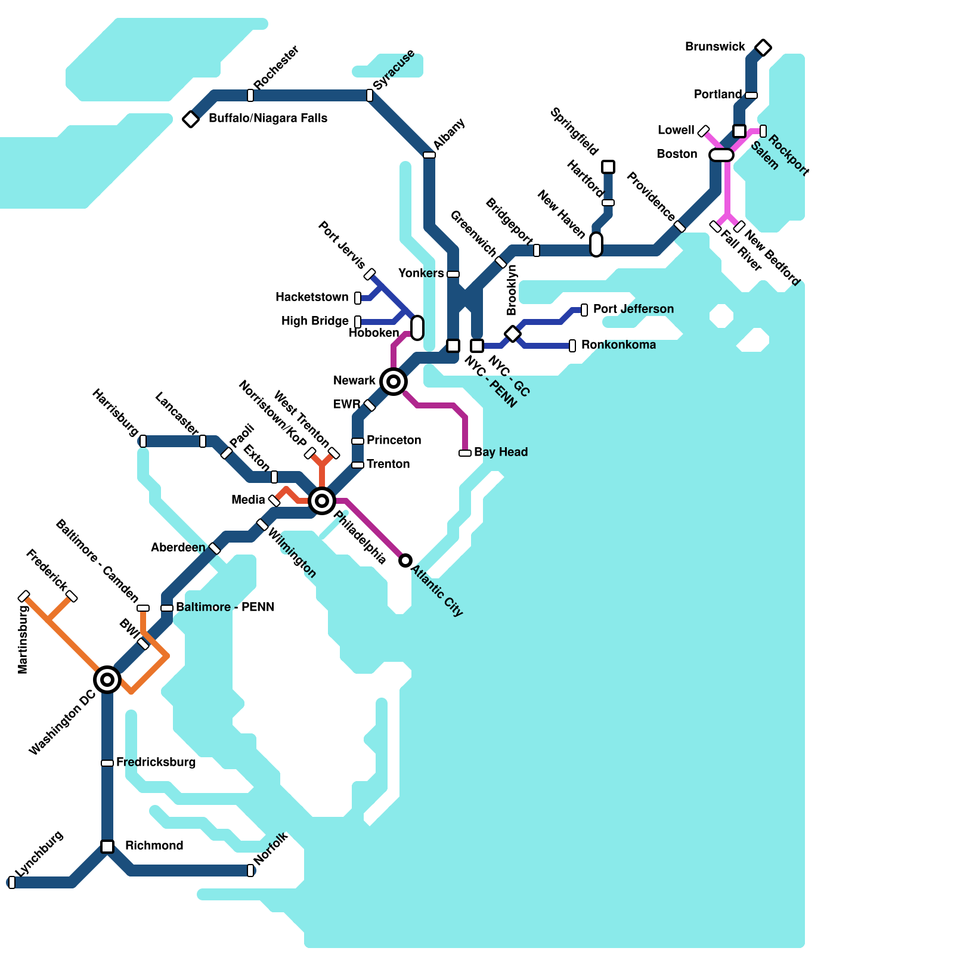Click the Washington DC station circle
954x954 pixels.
click(107, 679)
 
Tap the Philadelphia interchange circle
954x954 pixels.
click(322, 500)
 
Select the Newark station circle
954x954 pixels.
click(394, 381)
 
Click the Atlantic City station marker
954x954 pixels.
click(405, 560)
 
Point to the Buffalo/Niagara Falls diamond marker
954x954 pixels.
click(191, 119)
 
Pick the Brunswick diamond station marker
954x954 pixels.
click(763, 48)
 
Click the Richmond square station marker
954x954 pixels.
click(107, 847)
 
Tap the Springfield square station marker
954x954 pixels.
click(608, 167)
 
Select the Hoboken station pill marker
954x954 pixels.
click(417, 327)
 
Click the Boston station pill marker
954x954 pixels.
click(721, 155)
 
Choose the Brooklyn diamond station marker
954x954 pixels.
click(513, 334)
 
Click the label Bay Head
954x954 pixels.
click(501, 452)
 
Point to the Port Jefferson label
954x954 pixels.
click(633, 309)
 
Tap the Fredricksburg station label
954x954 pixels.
click(156, 762)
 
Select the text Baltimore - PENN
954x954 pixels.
click(225, 607)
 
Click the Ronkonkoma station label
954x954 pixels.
click(618, 345)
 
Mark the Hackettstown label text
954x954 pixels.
click(312, 297)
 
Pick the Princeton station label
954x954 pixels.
click(394, 440)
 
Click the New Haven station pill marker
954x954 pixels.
click(596, 244)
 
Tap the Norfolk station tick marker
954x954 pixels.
click(250, 871)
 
